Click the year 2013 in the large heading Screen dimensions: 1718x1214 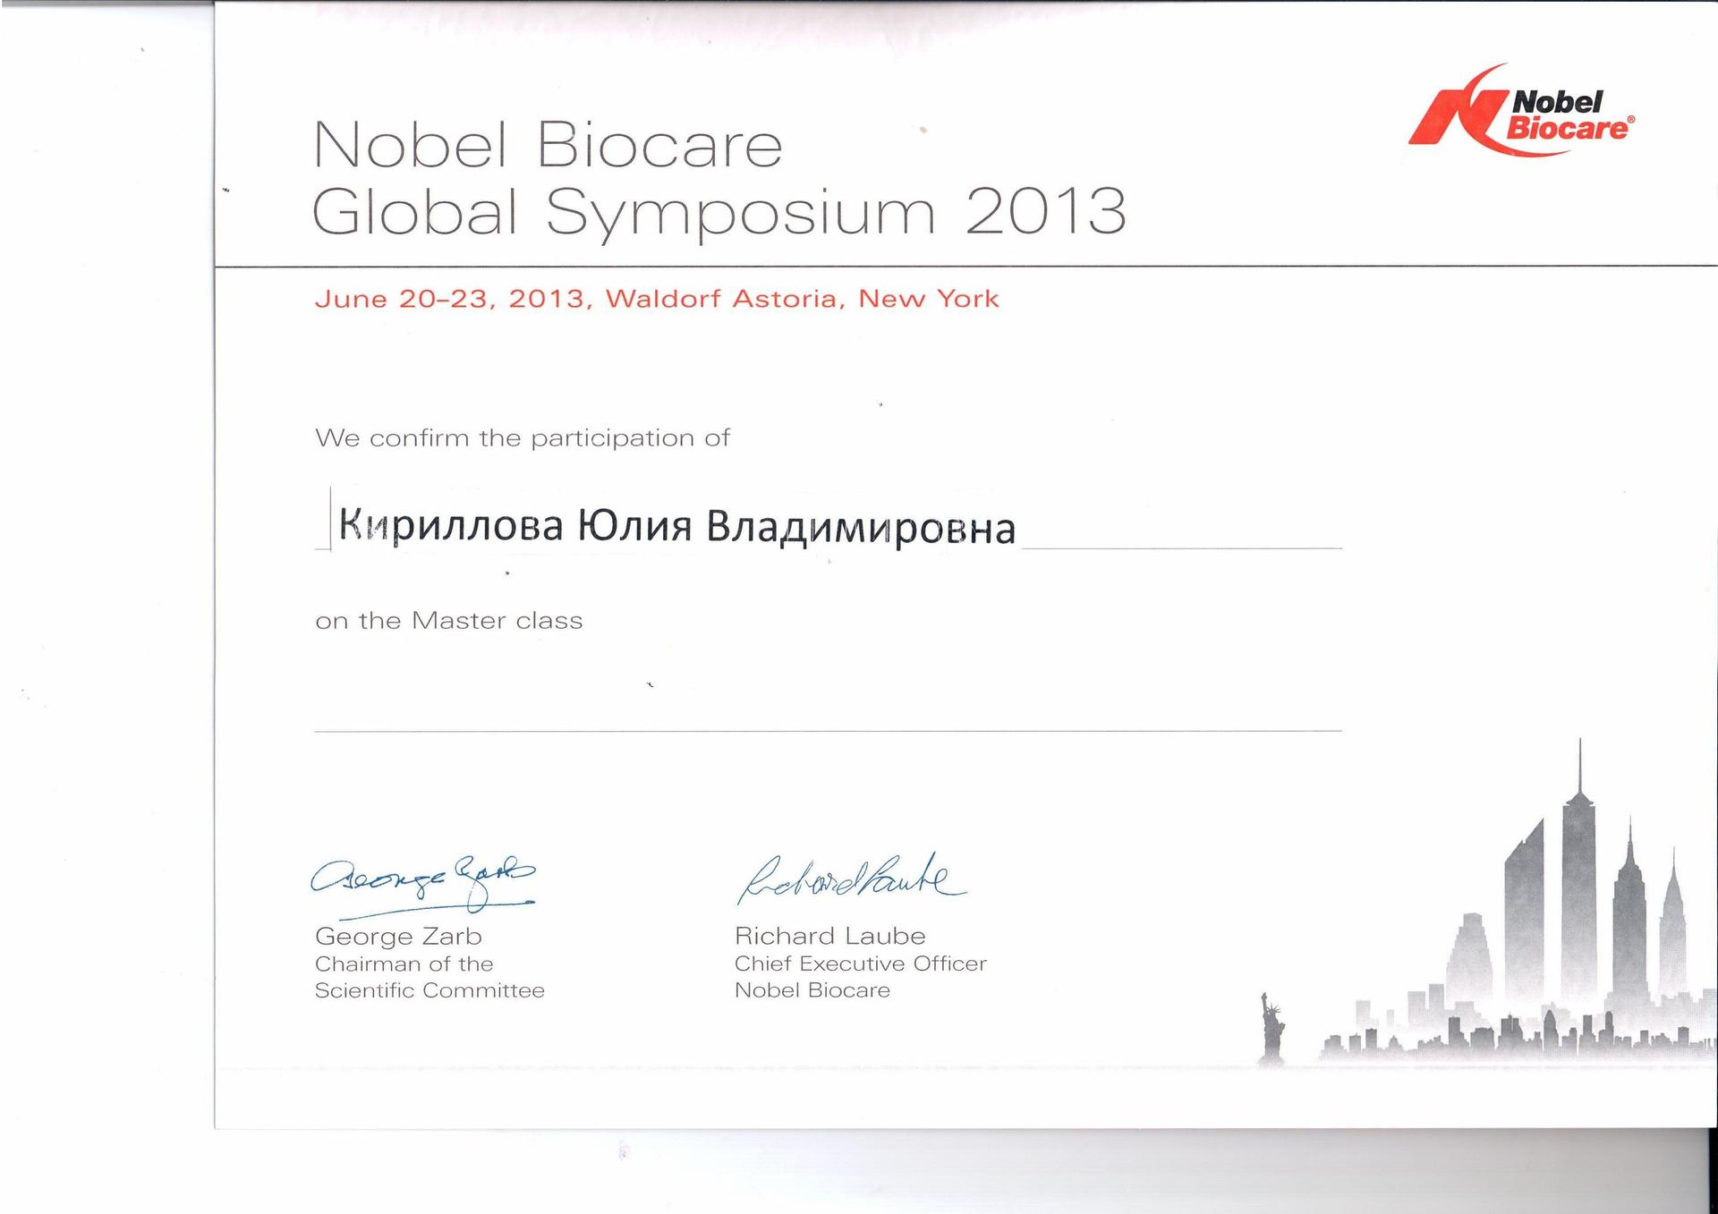point(1045,212)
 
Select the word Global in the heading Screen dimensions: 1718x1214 point(415,211)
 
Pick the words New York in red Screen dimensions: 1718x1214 point(929,298)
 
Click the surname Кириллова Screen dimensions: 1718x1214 point(451,526)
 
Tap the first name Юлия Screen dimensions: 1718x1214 point(634,526)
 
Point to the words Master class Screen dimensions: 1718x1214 point(497,621)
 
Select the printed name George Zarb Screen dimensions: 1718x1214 point(398,937)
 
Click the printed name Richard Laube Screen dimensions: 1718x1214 point(829,936)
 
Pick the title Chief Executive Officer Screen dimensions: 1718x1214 point(860,964)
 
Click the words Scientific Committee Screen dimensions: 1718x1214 point(429,990)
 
